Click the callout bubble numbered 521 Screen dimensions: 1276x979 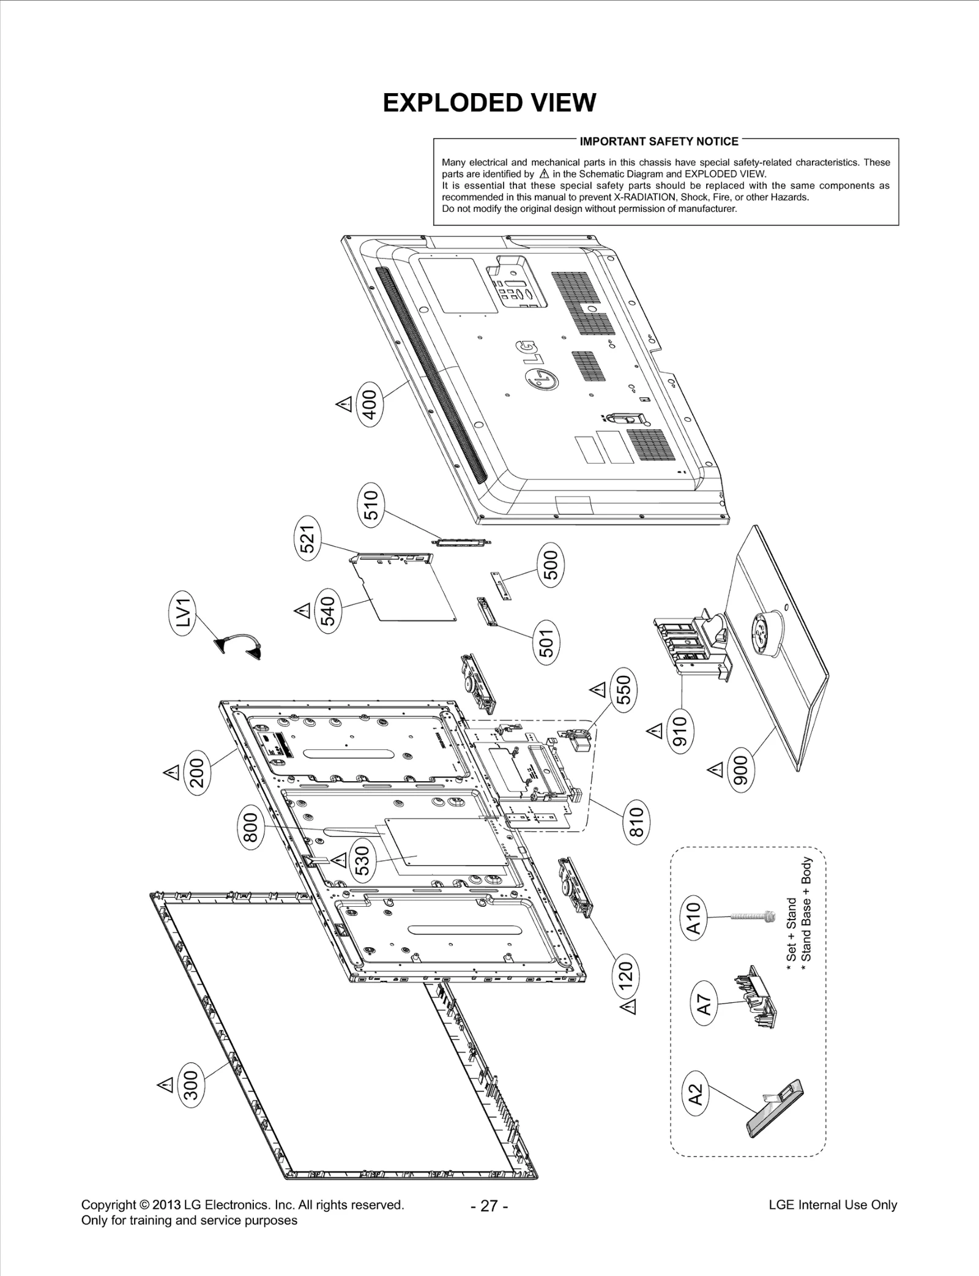[309, 538]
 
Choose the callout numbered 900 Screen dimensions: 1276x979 [740, 773]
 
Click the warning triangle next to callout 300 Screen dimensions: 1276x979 [166, 1085]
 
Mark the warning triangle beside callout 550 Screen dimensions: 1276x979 [598, 690]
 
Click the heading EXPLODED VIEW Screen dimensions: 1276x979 [489, 103]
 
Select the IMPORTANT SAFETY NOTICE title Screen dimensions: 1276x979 [659, 141]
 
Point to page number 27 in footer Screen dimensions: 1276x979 [489, 1206]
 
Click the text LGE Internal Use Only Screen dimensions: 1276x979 [832, 1204]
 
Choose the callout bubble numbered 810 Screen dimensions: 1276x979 [636, 821]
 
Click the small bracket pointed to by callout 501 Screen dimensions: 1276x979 [487, 612]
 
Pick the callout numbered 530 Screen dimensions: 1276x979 [362, 860]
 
